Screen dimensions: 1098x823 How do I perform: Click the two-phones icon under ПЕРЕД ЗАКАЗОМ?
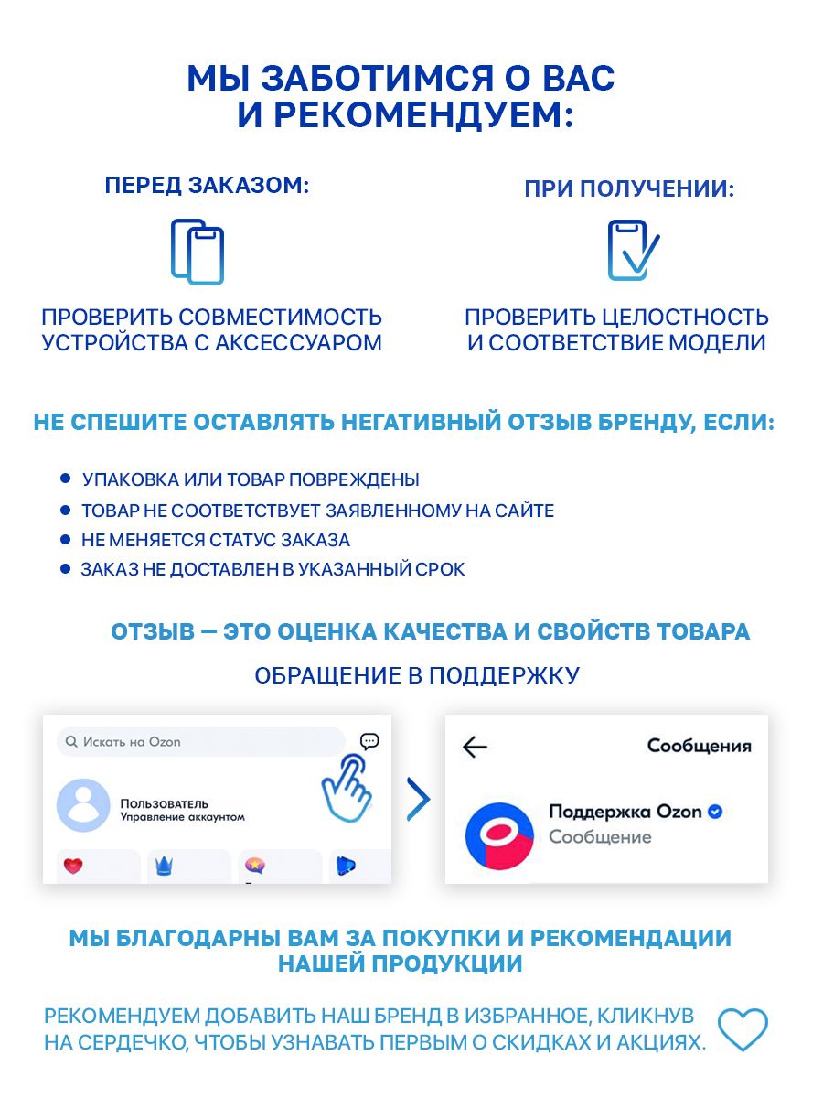(197, 252)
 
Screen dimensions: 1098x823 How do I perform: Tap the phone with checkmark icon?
(632, 250)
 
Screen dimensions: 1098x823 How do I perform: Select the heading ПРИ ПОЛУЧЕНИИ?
(629, 190)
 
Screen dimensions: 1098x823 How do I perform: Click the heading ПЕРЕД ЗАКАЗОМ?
(208, 186)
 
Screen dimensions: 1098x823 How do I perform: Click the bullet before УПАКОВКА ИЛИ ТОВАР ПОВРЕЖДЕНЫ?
(65, 479)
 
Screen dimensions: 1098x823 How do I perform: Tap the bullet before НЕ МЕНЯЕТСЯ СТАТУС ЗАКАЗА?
(65, 539)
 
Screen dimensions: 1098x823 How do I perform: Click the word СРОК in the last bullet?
(441, 569)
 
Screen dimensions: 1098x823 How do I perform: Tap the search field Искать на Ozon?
(200, 742)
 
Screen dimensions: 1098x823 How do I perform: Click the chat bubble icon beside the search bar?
(369, 741)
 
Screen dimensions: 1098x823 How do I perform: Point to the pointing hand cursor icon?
(347, 787)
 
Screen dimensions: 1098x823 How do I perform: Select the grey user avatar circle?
(83, 806)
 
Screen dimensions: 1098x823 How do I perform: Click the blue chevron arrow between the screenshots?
(418, 800)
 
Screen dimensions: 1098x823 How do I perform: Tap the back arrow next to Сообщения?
(476, 747)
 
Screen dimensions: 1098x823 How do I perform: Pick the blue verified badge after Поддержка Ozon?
(716, 812)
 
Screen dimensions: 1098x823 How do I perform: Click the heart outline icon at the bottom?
(742, 1029)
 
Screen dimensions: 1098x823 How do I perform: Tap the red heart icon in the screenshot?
(73, 865)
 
